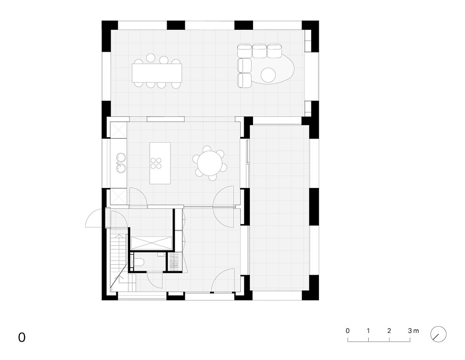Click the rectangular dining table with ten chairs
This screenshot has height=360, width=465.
[157, 73]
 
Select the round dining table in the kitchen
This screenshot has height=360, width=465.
[210, 163]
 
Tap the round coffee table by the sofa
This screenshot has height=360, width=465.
[268, 75]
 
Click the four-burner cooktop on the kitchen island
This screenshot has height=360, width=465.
[156, 163]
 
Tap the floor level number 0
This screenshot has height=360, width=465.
[22, 338]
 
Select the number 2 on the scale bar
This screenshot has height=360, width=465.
[389, 331]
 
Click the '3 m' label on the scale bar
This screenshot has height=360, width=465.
[413, 331]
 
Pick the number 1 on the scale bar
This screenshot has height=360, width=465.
[368, 331]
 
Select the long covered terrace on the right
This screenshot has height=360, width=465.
[279, 208]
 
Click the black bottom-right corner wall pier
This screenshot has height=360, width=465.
[310, 287]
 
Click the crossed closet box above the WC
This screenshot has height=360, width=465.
[151, 243]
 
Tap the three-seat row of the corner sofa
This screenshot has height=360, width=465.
[259, 51]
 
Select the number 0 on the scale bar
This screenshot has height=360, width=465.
[348, 331]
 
